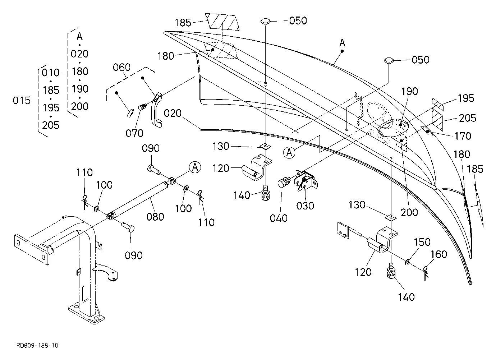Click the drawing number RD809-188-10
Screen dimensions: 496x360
pyautogui.click(x=37, y=346)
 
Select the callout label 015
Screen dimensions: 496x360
pyautogui.click(x=22, y=101)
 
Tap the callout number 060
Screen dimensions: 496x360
pyautogui.click(x=121, y=67)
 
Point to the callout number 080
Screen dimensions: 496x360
pyautogui.click(x=155, y=217)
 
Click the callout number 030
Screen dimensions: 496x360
pyautogui.click(x=305, y=206)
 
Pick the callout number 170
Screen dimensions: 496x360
pyautogui.click(x=463, y=136)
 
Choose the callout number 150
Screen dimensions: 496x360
pyautogui.click(x=422, y=242)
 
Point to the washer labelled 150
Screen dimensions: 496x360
pyautogui.click(x=407, y=262)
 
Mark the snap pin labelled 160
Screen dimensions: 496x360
pyautogui.click(x=426, y=274)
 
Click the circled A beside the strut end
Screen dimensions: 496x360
pyautogui.click(x=195, y=167)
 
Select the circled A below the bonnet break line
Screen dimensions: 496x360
pyautogui.click(x=289, y=153)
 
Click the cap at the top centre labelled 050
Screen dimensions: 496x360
pyautogui.click(x=265, y=22)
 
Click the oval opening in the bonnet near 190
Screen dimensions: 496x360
pyautogui.click(x=392, y=129)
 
